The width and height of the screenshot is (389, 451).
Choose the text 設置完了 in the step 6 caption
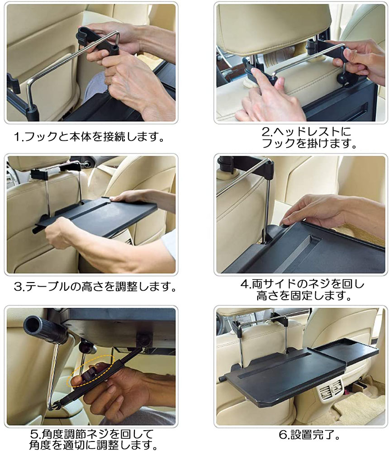[x=312, y=435]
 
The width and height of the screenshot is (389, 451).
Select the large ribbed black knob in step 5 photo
[x=46, y=330]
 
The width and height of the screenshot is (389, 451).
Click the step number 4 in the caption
[x=244, y=284]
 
